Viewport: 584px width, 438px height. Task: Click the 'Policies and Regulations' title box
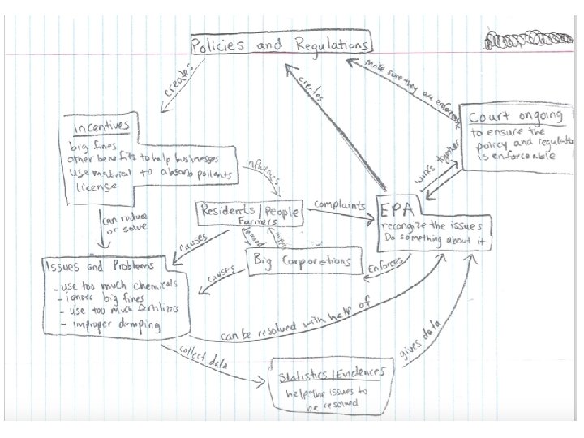[280, 45]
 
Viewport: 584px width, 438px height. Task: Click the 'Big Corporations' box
[301, 261]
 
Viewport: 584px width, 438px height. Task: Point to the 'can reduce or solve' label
[122, 225]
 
